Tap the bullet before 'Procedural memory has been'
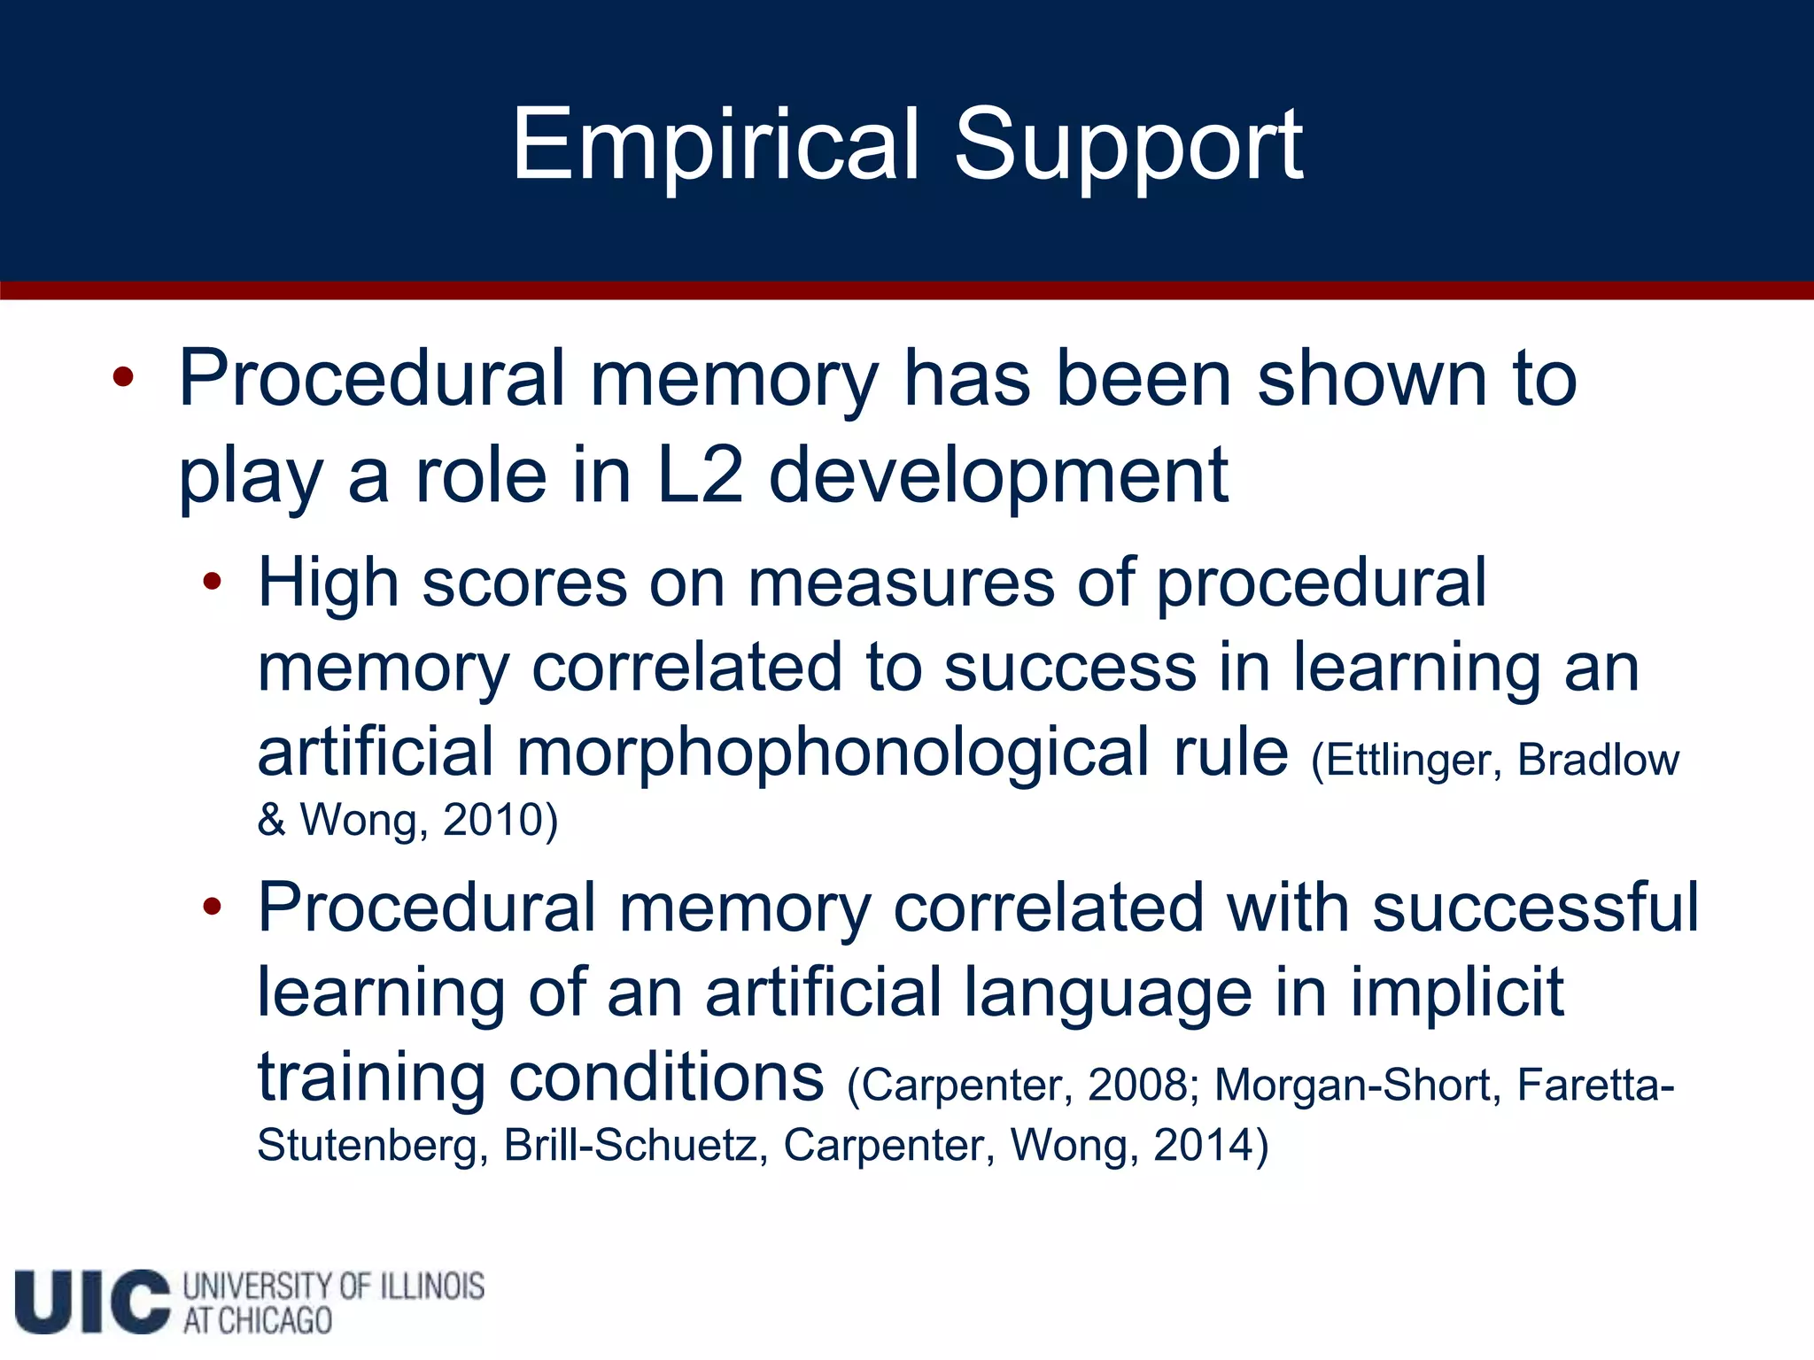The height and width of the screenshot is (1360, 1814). click(123, 378)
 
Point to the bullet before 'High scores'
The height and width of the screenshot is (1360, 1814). click(212, 582)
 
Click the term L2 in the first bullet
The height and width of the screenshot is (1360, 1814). click(700, 475)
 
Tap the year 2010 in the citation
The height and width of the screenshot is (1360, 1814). click(492, 820)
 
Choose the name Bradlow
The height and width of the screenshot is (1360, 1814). click(1598, 760)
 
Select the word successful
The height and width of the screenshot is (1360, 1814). click(1535, 908)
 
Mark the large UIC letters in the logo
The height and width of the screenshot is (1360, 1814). click(92, 1302)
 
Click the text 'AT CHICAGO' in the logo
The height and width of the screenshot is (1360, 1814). click(257, 1321)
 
